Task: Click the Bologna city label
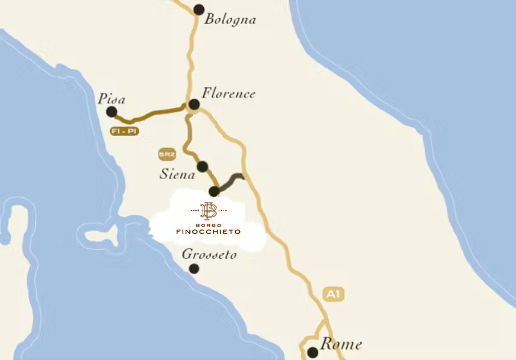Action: point(230,19)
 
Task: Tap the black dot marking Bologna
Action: point(199,9)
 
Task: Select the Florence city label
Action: point(228,93)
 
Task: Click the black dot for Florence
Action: point(194,105)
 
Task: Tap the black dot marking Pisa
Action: point(112,112)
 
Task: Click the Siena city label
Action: point(178,175)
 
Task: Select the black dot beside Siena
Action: point(203,166)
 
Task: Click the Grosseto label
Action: point(209,254)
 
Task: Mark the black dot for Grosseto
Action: point(194,269)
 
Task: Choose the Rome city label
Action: point(341,344)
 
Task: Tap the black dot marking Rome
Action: point(312,352)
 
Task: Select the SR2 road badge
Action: point(166,154)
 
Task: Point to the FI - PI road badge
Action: point(124,131)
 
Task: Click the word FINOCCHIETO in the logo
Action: point(208,232)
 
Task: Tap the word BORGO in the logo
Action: point(208,224)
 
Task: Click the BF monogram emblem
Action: point(208,210)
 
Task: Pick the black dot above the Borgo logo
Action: point(213,192)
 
